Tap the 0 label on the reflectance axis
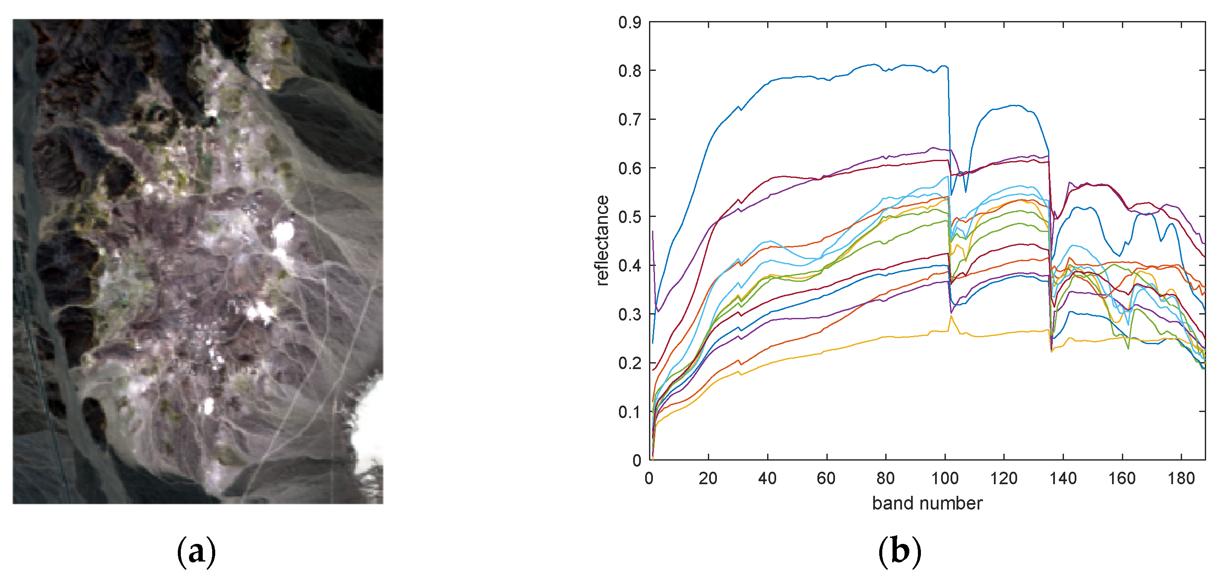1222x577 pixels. click(637, 460)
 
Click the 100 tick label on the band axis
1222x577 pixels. click(945, 478)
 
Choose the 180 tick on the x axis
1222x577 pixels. click(1181, 478)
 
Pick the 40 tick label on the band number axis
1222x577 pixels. click(767, 478)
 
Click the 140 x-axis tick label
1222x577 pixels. click(1063, 478)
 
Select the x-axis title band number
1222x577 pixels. click(927, 504)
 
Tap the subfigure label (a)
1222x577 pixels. click(196, 551)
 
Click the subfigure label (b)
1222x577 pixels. click(899, 551)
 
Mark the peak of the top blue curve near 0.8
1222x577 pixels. click(874, 64)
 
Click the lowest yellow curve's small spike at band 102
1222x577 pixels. click(951, 316)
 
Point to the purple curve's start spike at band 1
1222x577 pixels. click(653, 232)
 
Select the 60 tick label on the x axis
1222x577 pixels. click(826, 478)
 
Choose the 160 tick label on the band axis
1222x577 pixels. click(1121, 478)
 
